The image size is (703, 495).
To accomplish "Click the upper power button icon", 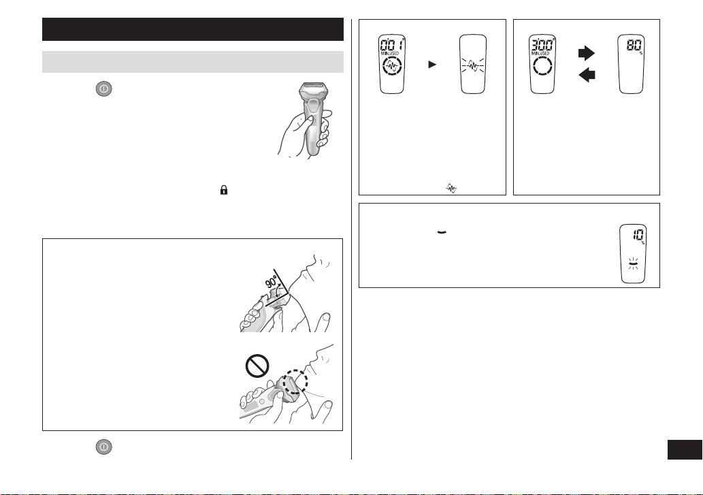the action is click(x=103, y=89).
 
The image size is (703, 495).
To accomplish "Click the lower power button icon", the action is click(x=103, y=447).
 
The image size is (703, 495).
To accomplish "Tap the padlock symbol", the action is click(x=224, y=190).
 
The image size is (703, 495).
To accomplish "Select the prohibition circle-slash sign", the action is click(x=257, y=366).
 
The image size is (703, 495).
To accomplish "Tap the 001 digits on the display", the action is click(x=391, y=45).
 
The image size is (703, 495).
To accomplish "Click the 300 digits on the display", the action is click(x=542, y=45).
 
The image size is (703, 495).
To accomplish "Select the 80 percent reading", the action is click(x=634, y=46).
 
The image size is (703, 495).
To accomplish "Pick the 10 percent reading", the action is click(x=638, y=235).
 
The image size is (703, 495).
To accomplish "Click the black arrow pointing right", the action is click(x=587, y=53).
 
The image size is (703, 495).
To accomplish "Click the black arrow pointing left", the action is click(x=587, y=74).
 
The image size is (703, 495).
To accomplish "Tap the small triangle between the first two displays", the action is click(x=432, y=65).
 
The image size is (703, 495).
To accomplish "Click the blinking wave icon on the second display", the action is click(x=472, y=66).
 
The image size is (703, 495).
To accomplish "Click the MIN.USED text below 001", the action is click(x=390, y=53).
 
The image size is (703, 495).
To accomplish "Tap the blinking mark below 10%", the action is click(x=633, y=264).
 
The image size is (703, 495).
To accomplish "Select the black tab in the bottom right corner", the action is click(x=685, y=449).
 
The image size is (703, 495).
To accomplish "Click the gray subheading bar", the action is click(x=193, y=62).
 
